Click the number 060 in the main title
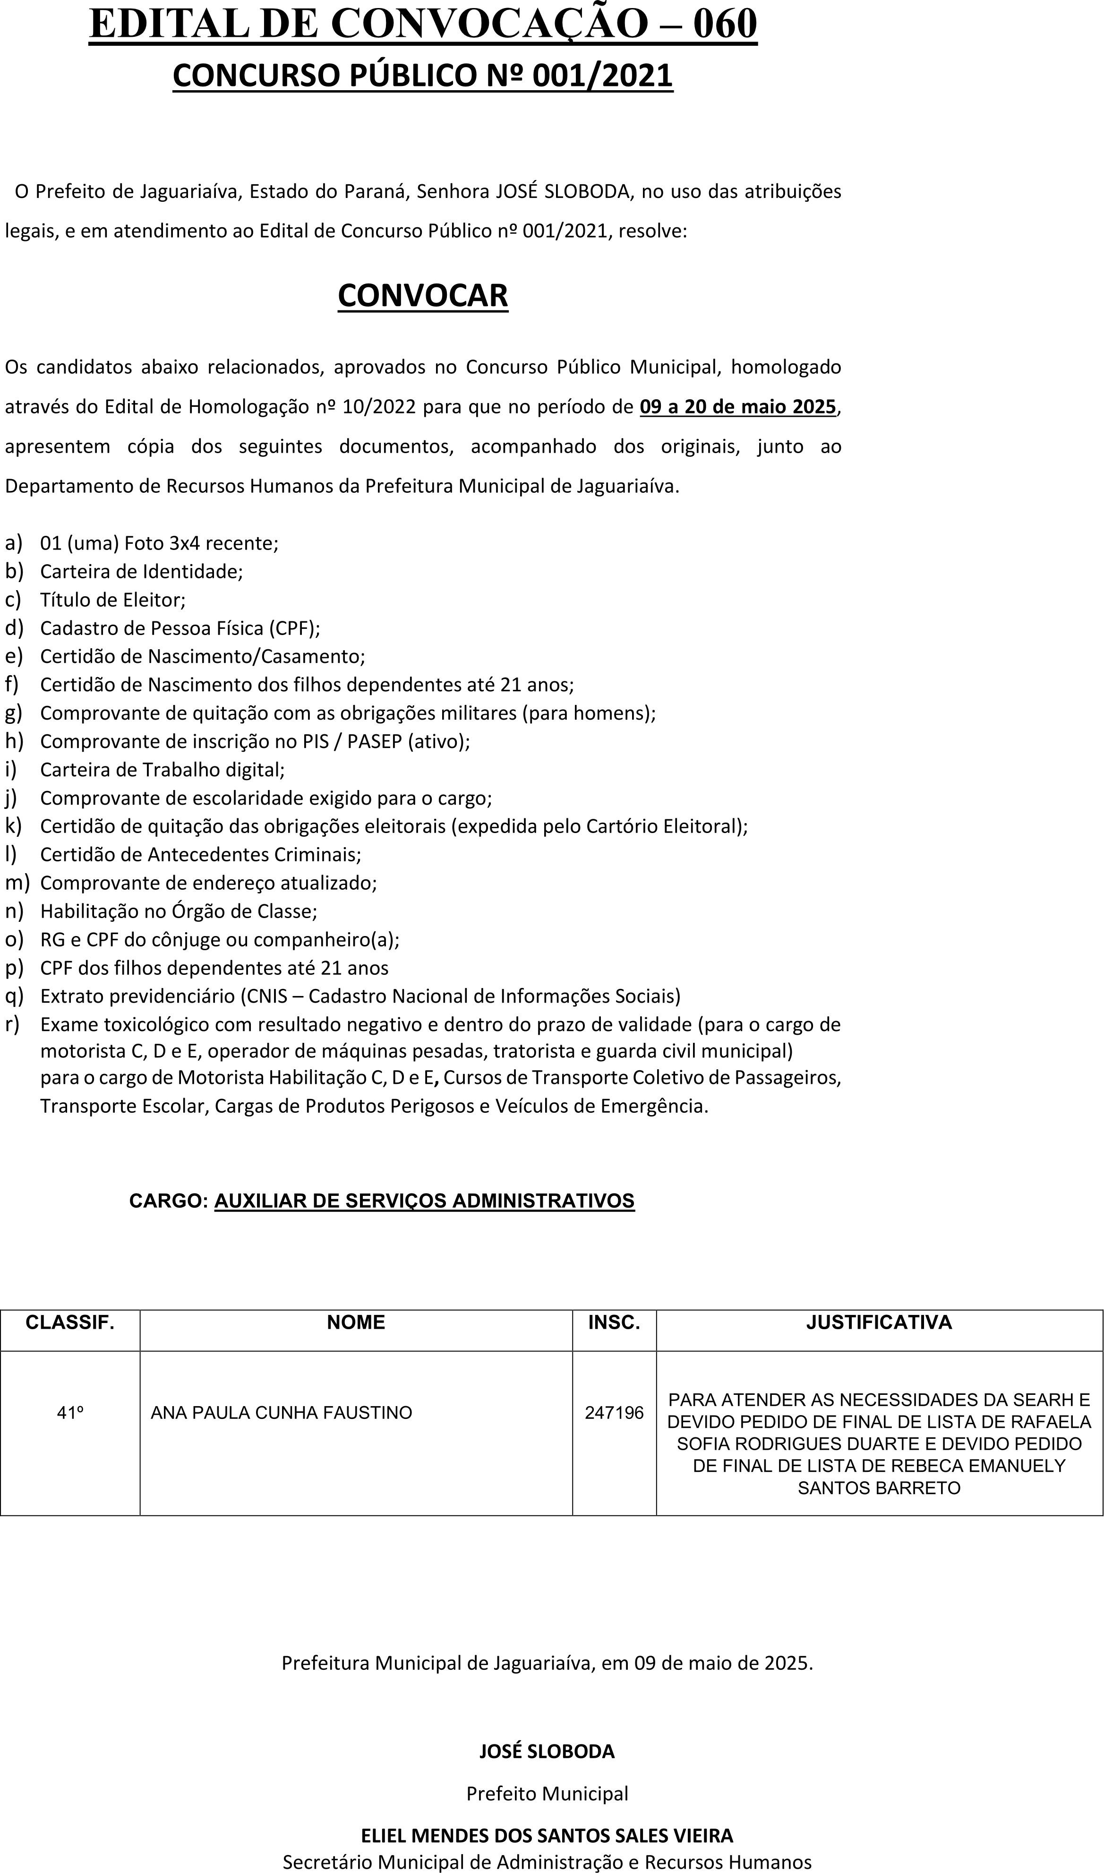pyautogui.click(x=725, y=24)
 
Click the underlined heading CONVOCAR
pyautogui.click(x=422, y=295)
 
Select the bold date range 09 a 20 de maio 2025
pyautogui.click(x=738, y=407)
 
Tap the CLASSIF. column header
pyautogui.click(x=70, y=1323)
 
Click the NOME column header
pyautogui.click(x=356, y=1323)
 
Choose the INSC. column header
pyautogui.click(x=614, y=1323)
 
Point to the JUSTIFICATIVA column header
pyautogui.click(x=879, y=1323)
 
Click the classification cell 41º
pyautogui.click(x=70, y=1412)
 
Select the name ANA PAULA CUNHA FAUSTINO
pyautogui.click(x=281, y=1412)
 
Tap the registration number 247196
pyautogui.click(x=614, y=1412)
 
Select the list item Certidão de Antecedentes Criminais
pyautogui.click(x=200, y=854)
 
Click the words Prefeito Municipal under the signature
pyautogui.click(x=547, y=1793)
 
